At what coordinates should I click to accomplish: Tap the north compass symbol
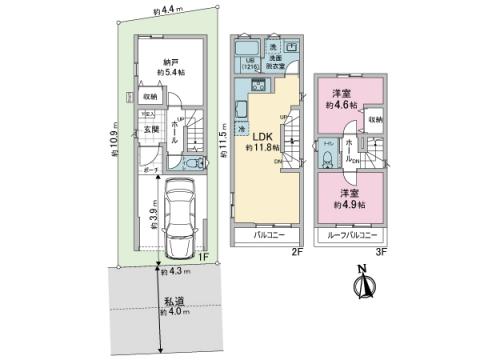point(362,285)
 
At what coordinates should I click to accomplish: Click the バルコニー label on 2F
point(266,236)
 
